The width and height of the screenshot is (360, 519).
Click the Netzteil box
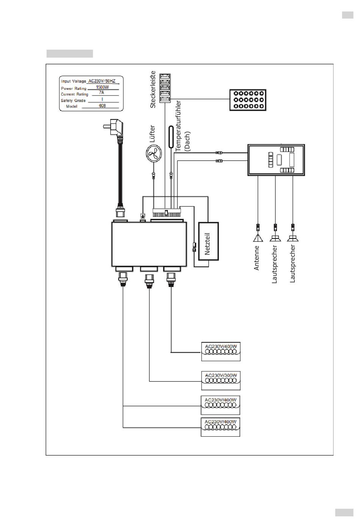coord(208,241)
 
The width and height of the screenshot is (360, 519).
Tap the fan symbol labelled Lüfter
coord(153,154)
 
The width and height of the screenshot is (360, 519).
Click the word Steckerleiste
coord(153,89)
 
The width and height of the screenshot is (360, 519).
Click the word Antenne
coord(257,258)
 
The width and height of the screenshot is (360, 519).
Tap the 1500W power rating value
coord(102,87)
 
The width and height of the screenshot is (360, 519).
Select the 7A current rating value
coord(102,93)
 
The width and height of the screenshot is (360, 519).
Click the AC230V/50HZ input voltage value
coord(102,81)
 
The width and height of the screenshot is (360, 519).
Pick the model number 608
coord(102,106)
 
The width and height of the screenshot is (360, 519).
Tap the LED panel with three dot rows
coord(248,100)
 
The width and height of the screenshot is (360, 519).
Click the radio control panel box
coord(276,160)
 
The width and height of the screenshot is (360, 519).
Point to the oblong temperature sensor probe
coord(171,136)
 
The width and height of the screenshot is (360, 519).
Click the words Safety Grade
coord(73,100)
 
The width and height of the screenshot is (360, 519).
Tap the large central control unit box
coord(149,244)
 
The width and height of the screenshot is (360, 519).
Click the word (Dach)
coord(187,141)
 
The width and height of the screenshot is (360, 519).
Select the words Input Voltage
coord(74,82)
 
